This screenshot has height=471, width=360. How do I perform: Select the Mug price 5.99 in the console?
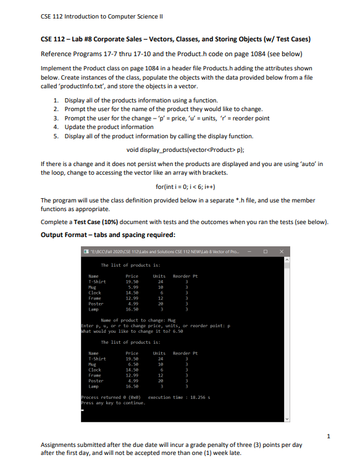pos(132,287)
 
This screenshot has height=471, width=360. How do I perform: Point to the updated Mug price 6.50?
pos(132,364)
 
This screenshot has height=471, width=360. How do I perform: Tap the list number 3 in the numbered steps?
pos(57,118)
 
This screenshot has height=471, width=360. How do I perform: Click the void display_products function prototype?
pos(180,149)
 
